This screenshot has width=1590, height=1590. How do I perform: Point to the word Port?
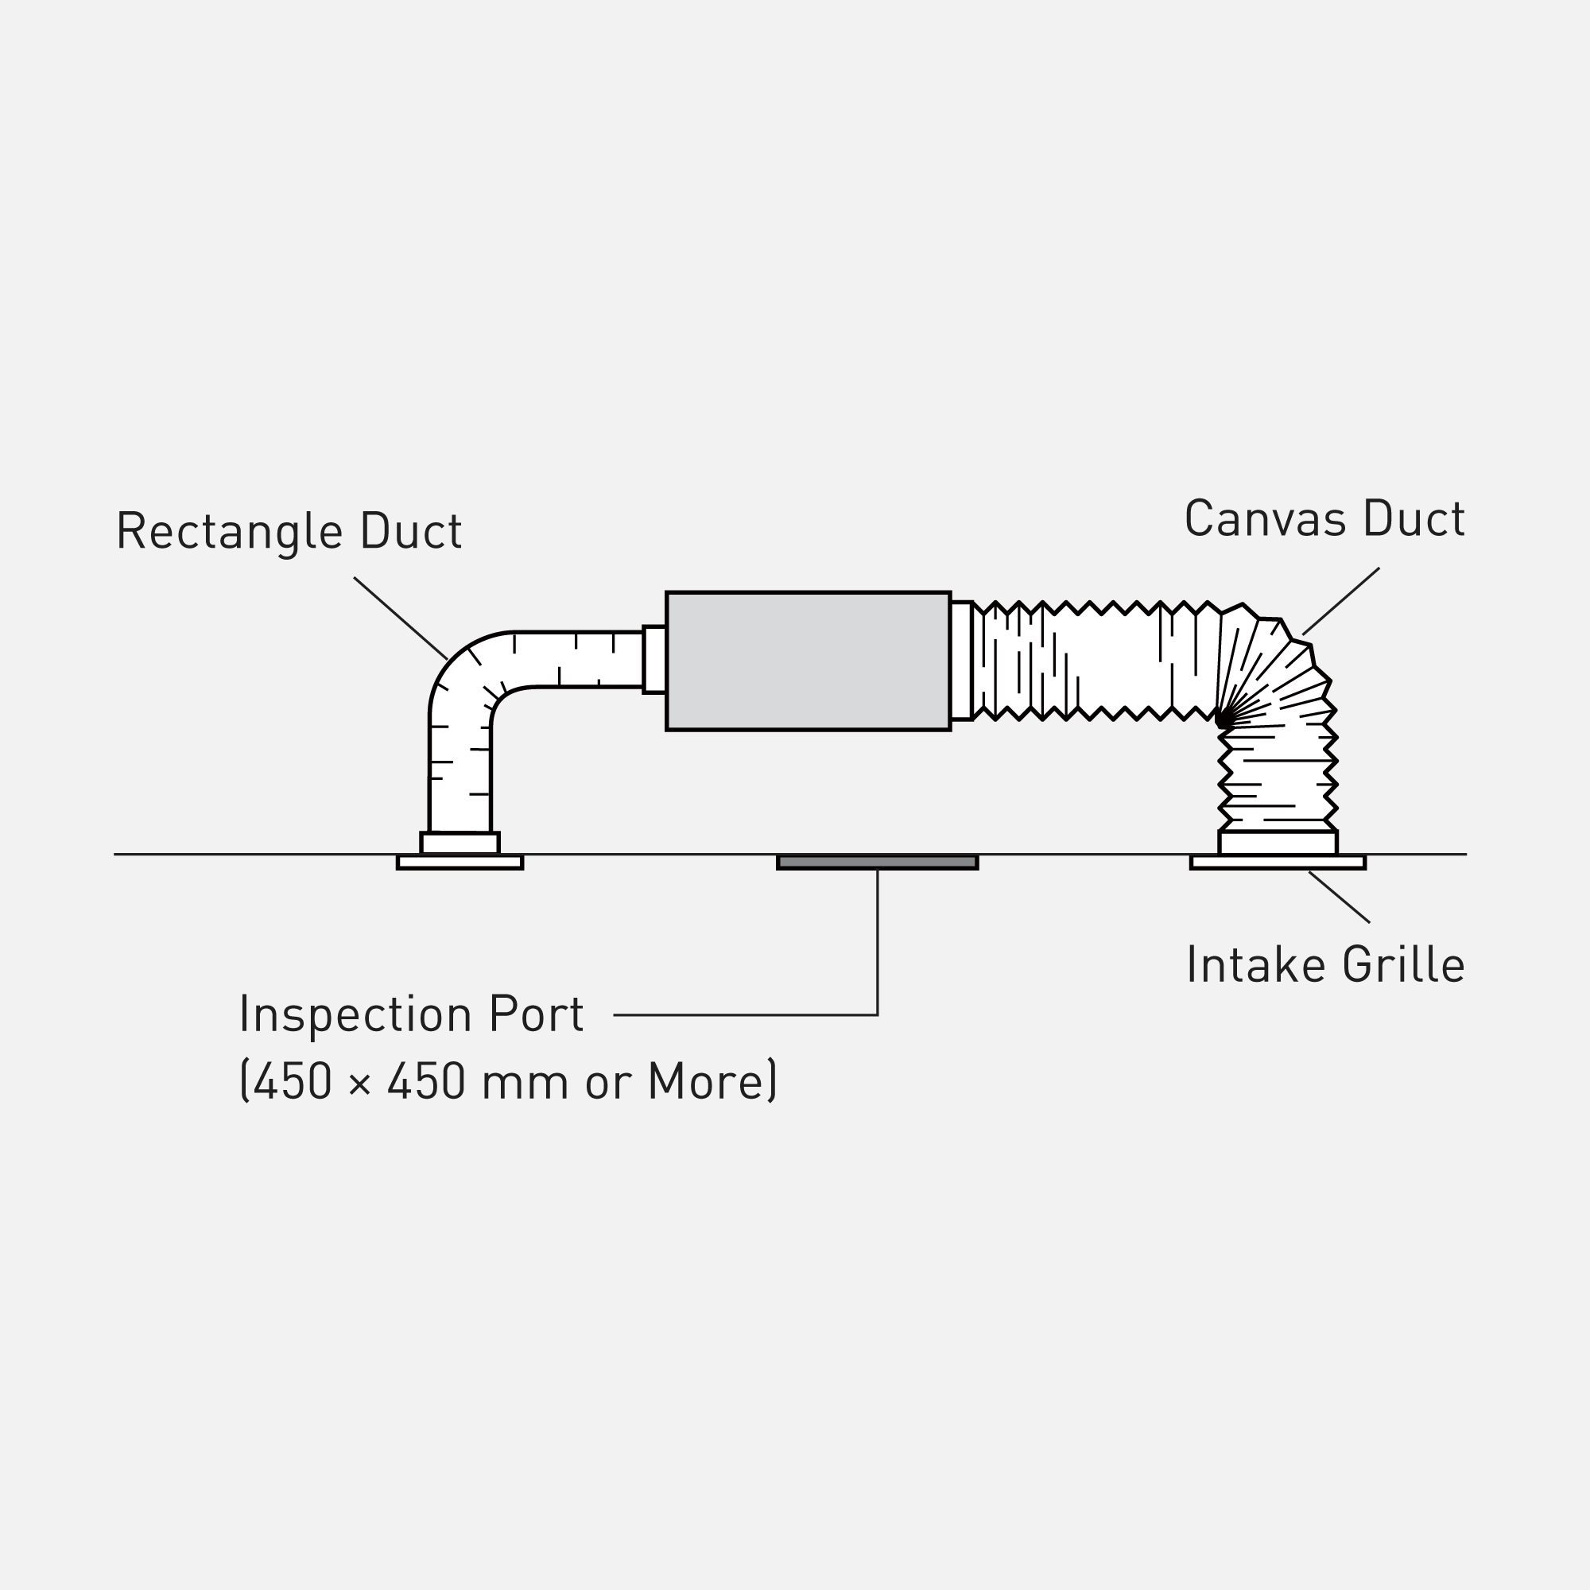pos(536,1014)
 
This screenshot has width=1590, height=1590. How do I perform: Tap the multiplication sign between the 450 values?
pos(359,1085)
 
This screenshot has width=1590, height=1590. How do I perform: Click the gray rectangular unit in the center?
pos(809,661)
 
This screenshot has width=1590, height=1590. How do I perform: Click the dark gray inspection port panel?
pos(878,862)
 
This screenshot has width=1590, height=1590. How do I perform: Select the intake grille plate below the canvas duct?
pos(1278,862)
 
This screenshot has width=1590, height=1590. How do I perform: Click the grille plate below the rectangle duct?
pos(460,862)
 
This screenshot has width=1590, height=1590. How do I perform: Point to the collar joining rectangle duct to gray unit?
pos(654,660)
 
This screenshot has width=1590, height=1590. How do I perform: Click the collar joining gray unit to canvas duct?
pos(961,661)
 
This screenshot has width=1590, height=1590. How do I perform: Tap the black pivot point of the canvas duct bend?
pos(1224,719)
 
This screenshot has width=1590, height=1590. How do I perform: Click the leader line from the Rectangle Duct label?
pos(401,618)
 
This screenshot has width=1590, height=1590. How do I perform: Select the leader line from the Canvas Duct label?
pos(1341,601)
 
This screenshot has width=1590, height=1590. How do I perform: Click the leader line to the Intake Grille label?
pos(1340,897)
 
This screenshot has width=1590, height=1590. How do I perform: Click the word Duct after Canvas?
pos(1414,518)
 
